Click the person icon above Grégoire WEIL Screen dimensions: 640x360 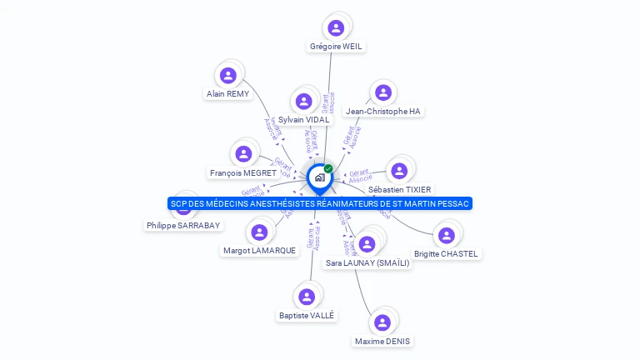(336, 28)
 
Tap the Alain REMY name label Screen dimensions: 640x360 (227, 94)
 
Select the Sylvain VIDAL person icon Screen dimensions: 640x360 (303, 102)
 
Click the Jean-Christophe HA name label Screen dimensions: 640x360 (382, 111)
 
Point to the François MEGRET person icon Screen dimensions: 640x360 (243, 154)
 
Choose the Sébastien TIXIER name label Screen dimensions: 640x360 (400, 189)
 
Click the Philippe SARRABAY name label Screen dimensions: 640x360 (183, 225)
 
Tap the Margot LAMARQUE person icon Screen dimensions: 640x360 (259, 232)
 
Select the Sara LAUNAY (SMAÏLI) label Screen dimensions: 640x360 (367, 262)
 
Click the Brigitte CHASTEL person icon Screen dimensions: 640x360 (447, 236)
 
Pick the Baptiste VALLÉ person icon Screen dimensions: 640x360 (307, 297)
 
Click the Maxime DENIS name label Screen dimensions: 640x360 (382, 341)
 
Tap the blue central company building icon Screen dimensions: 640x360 (319, 177)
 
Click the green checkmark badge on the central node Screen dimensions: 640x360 (328, 168)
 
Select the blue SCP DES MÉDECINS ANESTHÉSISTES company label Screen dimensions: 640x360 (320, 203)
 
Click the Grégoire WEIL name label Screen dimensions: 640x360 (336, 47)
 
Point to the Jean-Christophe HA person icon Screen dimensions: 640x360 (382, 92)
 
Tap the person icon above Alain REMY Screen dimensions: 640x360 (228, 76)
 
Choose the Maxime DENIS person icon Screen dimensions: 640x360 (382, 322)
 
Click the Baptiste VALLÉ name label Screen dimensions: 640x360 (307, 315)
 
